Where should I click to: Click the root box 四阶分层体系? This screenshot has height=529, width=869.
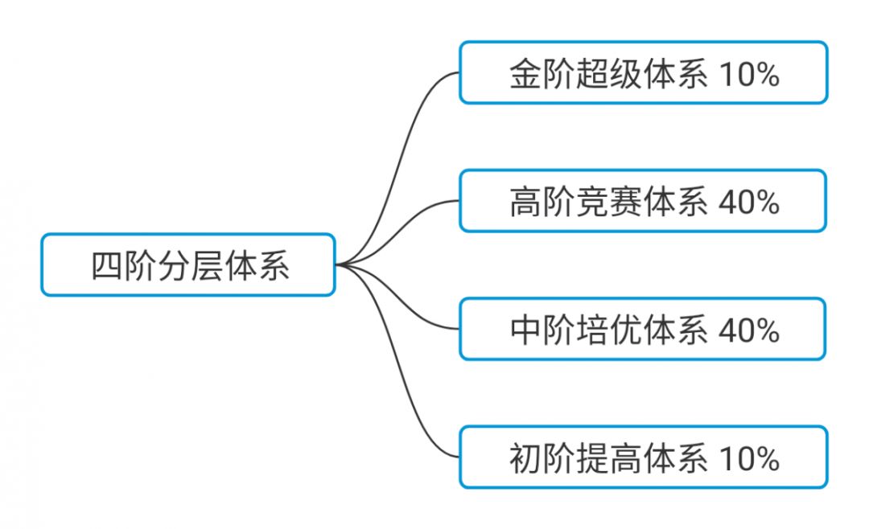pos(188,265)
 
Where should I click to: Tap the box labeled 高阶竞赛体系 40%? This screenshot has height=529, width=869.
pos(643,201)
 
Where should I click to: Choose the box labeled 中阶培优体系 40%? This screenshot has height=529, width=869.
pos(643,329)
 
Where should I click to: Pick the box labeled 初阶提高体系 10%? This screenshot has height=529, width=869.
pos(643,457)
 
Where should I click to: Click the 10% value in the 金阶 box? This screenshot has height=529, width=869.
pos(749,74)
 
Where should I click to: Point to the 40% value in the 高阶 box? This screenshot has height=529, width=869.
pos(749,202)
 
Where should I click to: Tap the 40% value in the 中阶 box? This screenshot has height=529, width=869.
pos(749,330)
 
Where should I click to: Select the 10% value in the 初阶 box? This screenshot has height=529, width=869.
pos(749,458)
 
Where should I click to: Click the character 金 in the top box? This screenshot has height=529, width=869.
pos(523,74)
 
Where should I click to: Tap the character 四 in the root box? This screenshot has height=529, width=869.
pos(106,266)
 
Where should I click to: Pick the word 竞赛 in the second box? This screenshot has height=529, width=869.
pos(608,202)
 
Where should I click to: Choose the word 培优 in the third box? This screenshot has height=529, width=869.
pos(608,330)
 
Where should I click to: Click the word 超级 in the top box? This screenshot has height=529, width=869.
pos(608,74)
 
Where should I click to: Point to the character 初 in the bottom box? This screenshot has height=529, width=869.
pos(523,458)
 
